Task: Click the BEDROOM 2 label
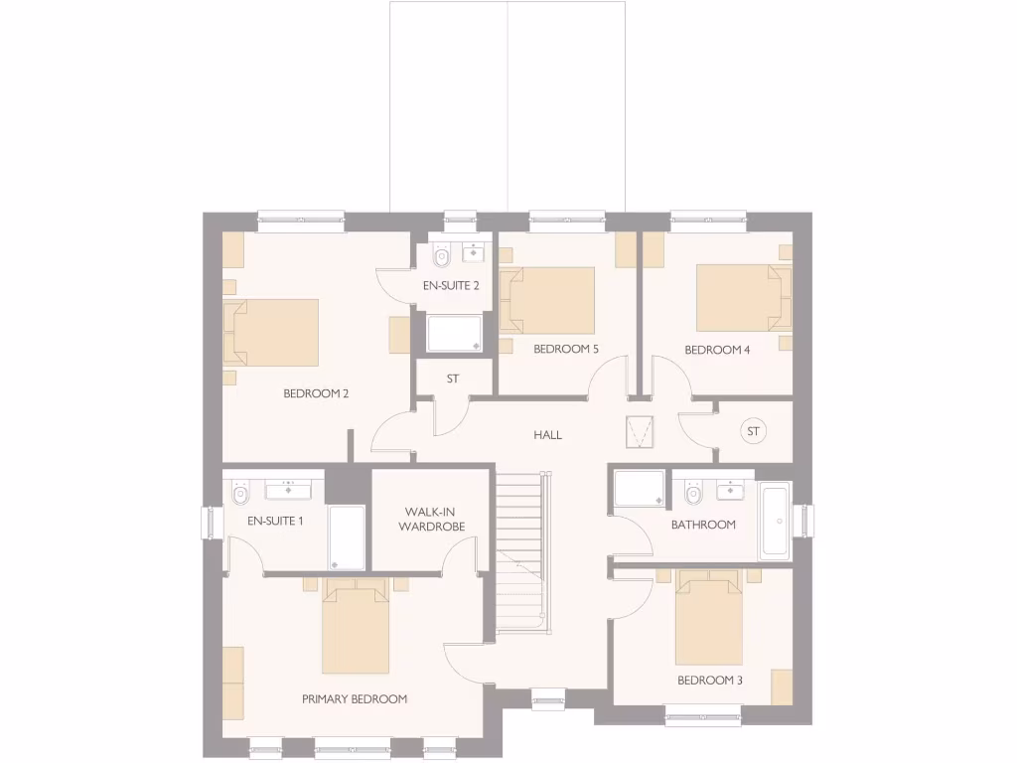click(316, 393)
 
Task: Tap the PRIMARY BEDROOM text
click(355, 699)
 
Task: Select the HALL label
click(547, 435)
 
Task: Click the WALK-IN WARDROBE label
click(431, 520)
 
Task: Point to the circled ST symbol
click(753, 431)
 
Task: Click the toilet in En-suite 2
click(442, 257)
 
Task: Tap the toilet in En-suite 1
click(239, 494)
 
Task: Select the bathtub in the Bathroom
click(774, 521)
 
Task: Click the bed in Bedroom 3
click(708, 623)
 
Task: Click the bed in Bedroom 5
click(548, 300)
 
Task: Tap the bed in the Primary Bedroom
click(355, 630)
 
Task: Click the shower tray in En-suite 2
click(455, 333)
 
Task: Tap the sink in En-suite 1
click(289, 488)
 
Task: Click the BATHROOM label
click(703, 525)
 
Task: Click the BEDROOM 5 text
click(565, 350)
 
